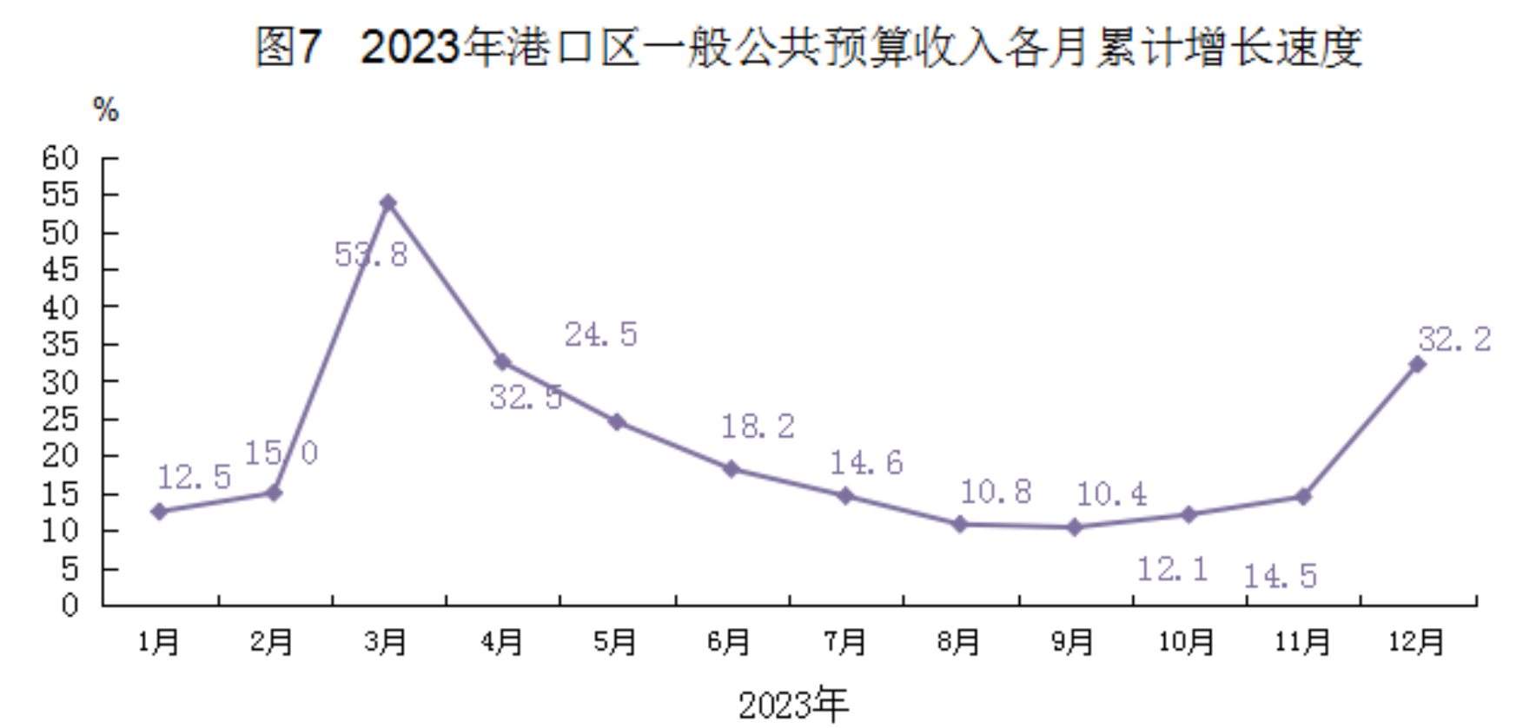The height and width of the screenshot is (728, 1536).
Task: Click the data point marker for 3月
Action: point(388,203)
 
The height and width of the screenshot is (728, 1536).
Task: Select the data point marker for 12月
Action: point(1417,365)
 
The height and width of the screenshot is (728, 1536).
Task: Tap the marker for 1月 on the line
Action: point(159,512)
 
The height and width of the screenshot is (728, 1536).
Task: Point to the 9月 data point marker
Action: point(1075,527)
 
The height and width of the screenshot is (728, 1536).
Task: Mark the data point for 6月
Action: point(732,469)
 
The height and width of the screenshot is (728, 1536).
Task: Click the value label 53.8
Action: point(371,255)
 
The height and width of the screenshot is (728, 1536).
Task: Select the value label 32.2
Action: point(1454,339)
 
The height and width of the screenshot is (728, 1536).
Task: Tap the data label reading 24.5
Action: point(601,334)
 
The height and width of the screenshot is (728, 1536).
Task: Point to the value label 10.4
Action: point(1112,494)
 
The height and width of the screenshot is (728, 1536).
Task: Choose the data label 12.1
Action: point(1173,569)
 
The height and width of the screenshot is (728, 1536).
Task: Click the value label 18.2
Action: point(758,426)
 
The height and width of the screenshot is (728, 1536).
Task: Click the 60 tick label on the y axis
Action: point(60,158)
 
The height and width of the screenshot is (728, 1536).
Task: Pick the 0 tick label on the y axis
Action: point(70,605)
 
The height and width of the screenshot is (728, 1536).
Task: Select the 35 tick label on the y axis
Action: point(60,344)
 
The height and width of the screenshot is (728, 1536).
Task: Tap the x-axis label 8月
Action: point(958,642)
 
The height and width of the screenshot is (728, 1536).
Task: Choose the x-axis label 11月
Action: point(1302,642)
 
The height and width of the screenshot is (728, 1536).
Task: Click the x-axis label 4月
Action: point(501,642)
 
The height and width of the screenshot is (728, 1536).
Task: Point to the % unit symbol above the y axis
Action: point(106,110)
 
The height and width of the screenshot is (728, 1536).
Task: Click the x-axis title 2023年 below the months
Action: point(793,705)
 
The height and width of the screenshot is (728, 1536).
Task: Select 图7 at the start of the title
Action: point(288,47)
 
